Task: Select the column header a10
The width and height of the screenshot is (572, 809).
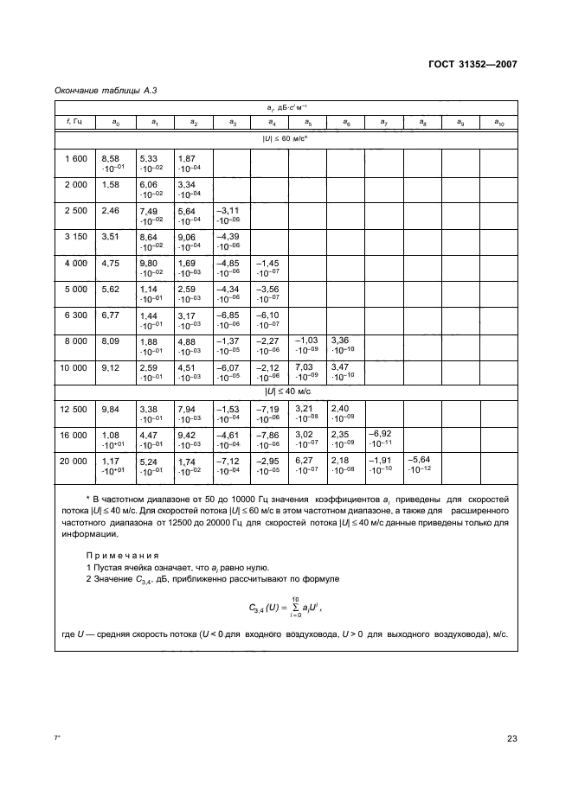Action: click(499, 123)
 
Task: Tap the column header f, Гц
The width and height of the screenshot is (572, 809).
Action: click(74, 123)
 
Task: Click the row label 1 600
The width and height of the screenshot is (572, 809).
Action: click(75, 158)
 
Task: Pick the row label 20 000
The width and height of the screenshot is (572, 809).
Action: click(75, 461)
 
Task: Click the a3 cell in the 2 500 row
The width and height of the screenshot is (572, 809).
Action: click(230, 214)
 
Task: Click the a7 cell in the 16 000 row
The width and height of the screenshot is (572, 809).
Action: click(383, 436)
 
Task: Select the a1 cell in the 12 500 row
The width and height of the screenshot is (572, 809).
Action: click(153, 410)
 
